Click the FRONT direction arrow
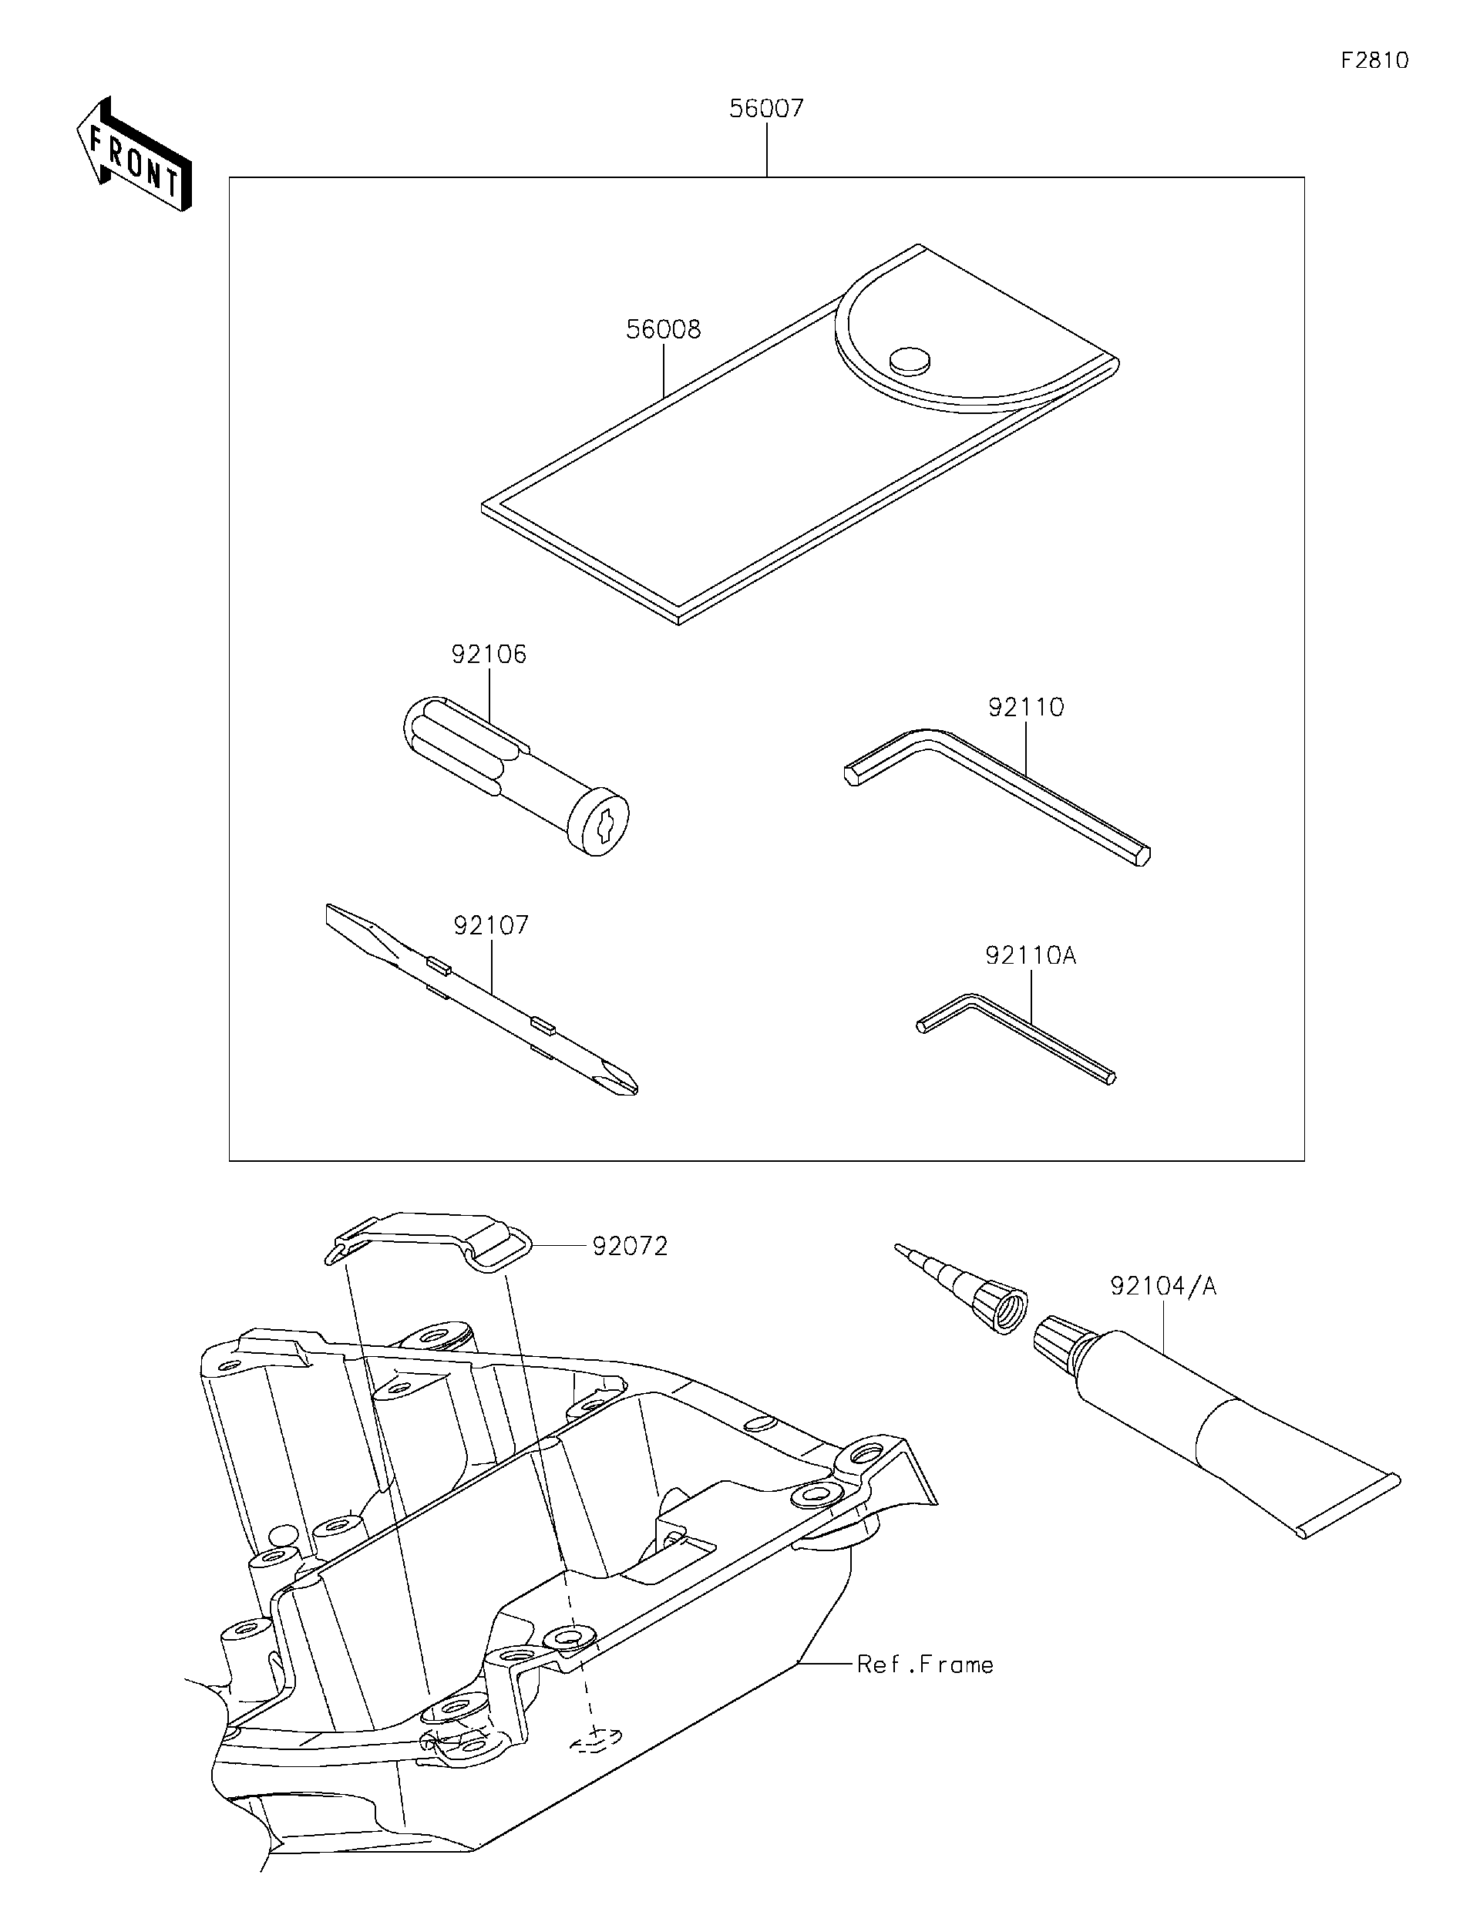coord(133,155)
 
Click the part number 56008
coord(664,329)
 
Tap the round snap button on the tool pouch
coord(910,360)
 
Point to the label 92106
coord(489,654)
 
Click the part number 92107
coord(491,924)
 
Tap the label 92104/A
coord(1162,1286)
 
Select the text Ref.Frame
coord(924,1665)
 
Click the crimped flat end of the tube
coord(1349,1504)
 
